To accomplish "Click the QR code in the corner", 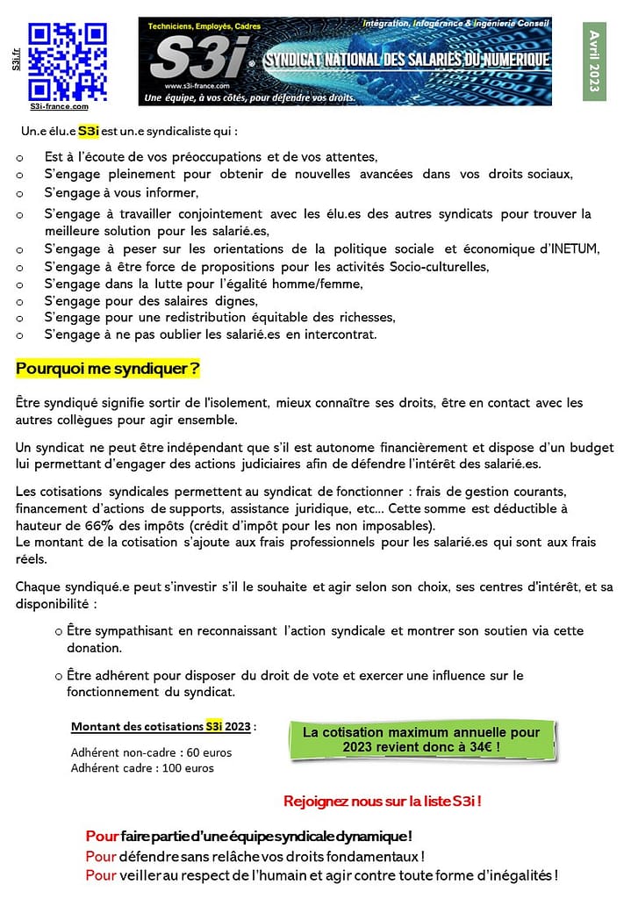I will tap(67, 61).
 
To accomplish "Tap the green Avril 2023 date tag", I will tap(595, 62).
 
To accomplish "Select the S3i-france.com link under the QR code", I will tap(59, 107).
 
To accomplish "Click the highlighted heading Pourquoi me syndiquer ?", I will tap(108, 369).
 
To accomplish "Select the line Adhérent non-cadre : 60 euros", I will tap(151, 752).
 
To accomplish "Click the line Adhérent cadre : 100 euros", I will tap(142, 768).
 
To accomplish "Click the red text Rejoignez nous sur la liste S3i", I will tap(383, 801).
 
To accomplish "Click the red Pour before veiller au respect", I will tap(100, 875).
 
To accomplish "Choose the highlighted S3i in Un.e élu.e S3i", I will tap(89, 132).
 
